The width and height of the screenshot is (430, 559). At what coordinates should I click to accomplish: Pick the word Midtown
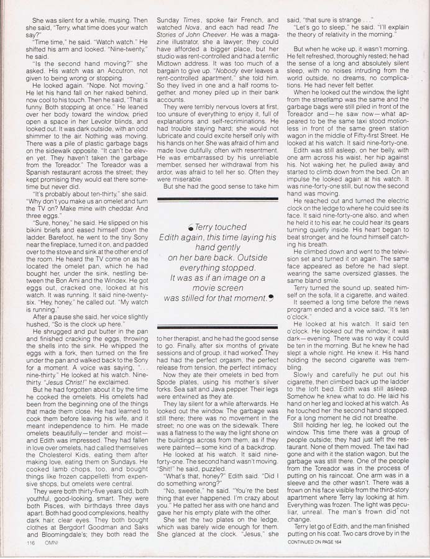pos(172,61)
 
